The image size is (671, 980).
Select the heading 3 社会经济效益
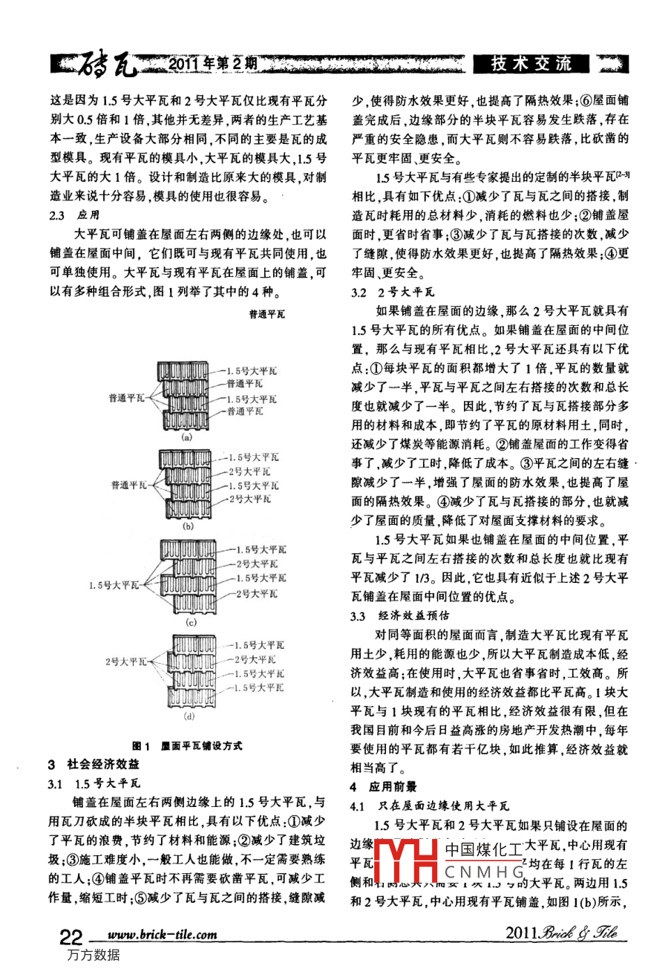93,764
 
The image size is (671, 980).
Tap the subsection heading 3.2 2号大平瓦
393,293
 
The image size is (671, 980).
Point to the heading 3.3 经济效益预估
399,615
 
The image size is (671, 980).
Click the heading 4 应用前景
383,787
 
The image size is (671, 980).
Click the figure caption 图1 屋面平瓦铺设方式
186,745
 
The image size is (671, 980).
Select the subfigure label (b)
188,526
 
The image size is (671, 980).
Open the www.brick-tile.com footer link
163,935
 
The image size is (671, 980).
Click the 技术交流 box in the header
531,65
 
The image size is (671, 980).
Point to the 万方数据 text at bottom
93,955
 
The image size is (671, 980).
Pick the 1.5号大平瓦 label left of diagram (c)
114,585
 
